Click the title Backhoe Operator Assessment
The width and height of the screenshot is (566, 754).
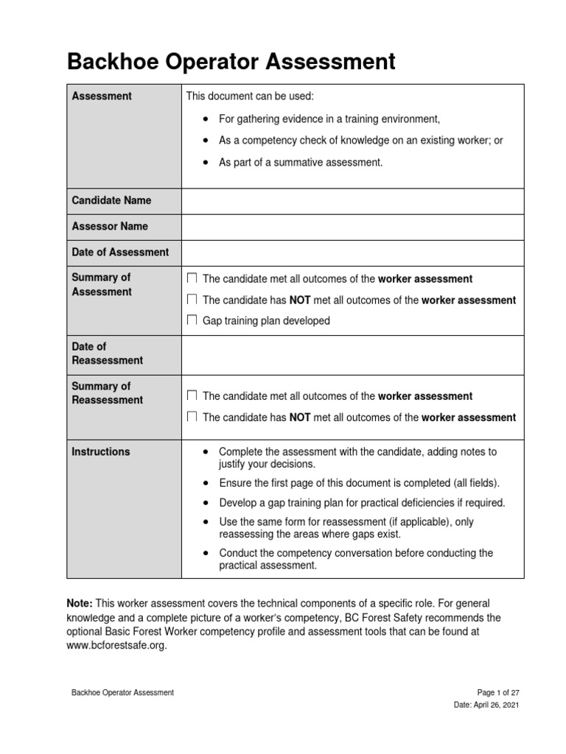tap(231, 61)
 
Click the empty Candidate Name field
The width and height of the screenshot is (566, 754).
tap(352, 200)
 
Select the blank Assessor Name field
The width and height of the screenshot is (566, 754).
tap(352, 226)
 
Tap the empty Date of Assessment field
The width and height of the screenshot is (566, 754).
tap(352, 252)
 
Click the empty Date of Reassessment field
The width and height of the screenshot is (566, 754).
tap(352, 353)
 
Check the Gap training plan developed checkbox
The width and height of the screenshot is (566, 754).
tap(192, 321)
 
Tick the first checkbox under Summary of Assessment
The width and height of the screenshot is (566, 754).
tap(192, 279)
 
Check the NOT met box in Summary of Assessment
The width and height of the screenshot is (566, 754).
tap(192, 300)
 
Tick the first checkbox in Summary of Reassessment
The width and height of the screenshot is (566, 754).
tap(192, 396)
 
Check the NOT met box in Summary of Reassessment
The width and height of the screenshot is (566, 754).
tap(192, 417)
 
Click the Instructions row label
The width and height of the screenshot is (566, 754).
tap(100, 451)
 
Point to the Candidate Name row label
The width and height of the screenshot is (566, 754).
tap(111, 200)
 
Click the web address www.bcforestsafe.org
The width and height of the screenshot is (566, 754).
tap(117, 645)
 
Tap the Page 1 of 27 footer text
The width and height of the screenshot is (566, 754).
tap(499, 692)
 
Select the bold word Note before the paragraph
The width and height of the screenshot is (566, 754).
tap(80, 603)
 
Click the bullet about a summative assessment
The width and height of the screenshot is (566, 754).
tap(301, 163)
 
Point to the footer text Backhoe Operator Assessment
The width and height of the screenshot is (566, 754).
tap(122, 692)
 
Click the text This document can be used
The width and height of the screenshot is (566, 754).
tap(250, 96)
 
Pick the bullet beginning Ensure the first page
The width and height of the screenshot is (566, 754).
tap(359, 483)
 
